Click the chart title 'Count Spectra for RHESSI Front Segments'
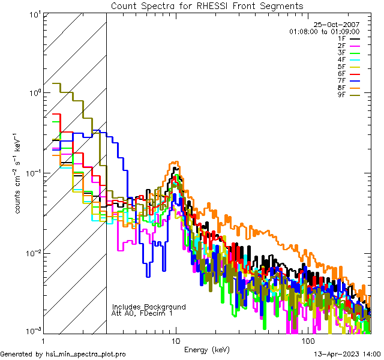click(207, 6)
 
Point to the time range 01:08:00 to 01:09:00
click(324, 31)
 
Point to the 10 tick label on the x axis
click(175, 340)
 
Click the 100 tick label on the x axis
click(307, 340)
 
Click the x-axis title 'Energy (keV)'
click(207, 349)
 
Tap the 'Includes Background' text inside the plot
click(149, 307)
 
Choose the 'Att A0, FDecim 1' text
click(142, 313)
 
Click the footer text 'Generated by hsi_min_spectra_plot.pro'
click(63, 354)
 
